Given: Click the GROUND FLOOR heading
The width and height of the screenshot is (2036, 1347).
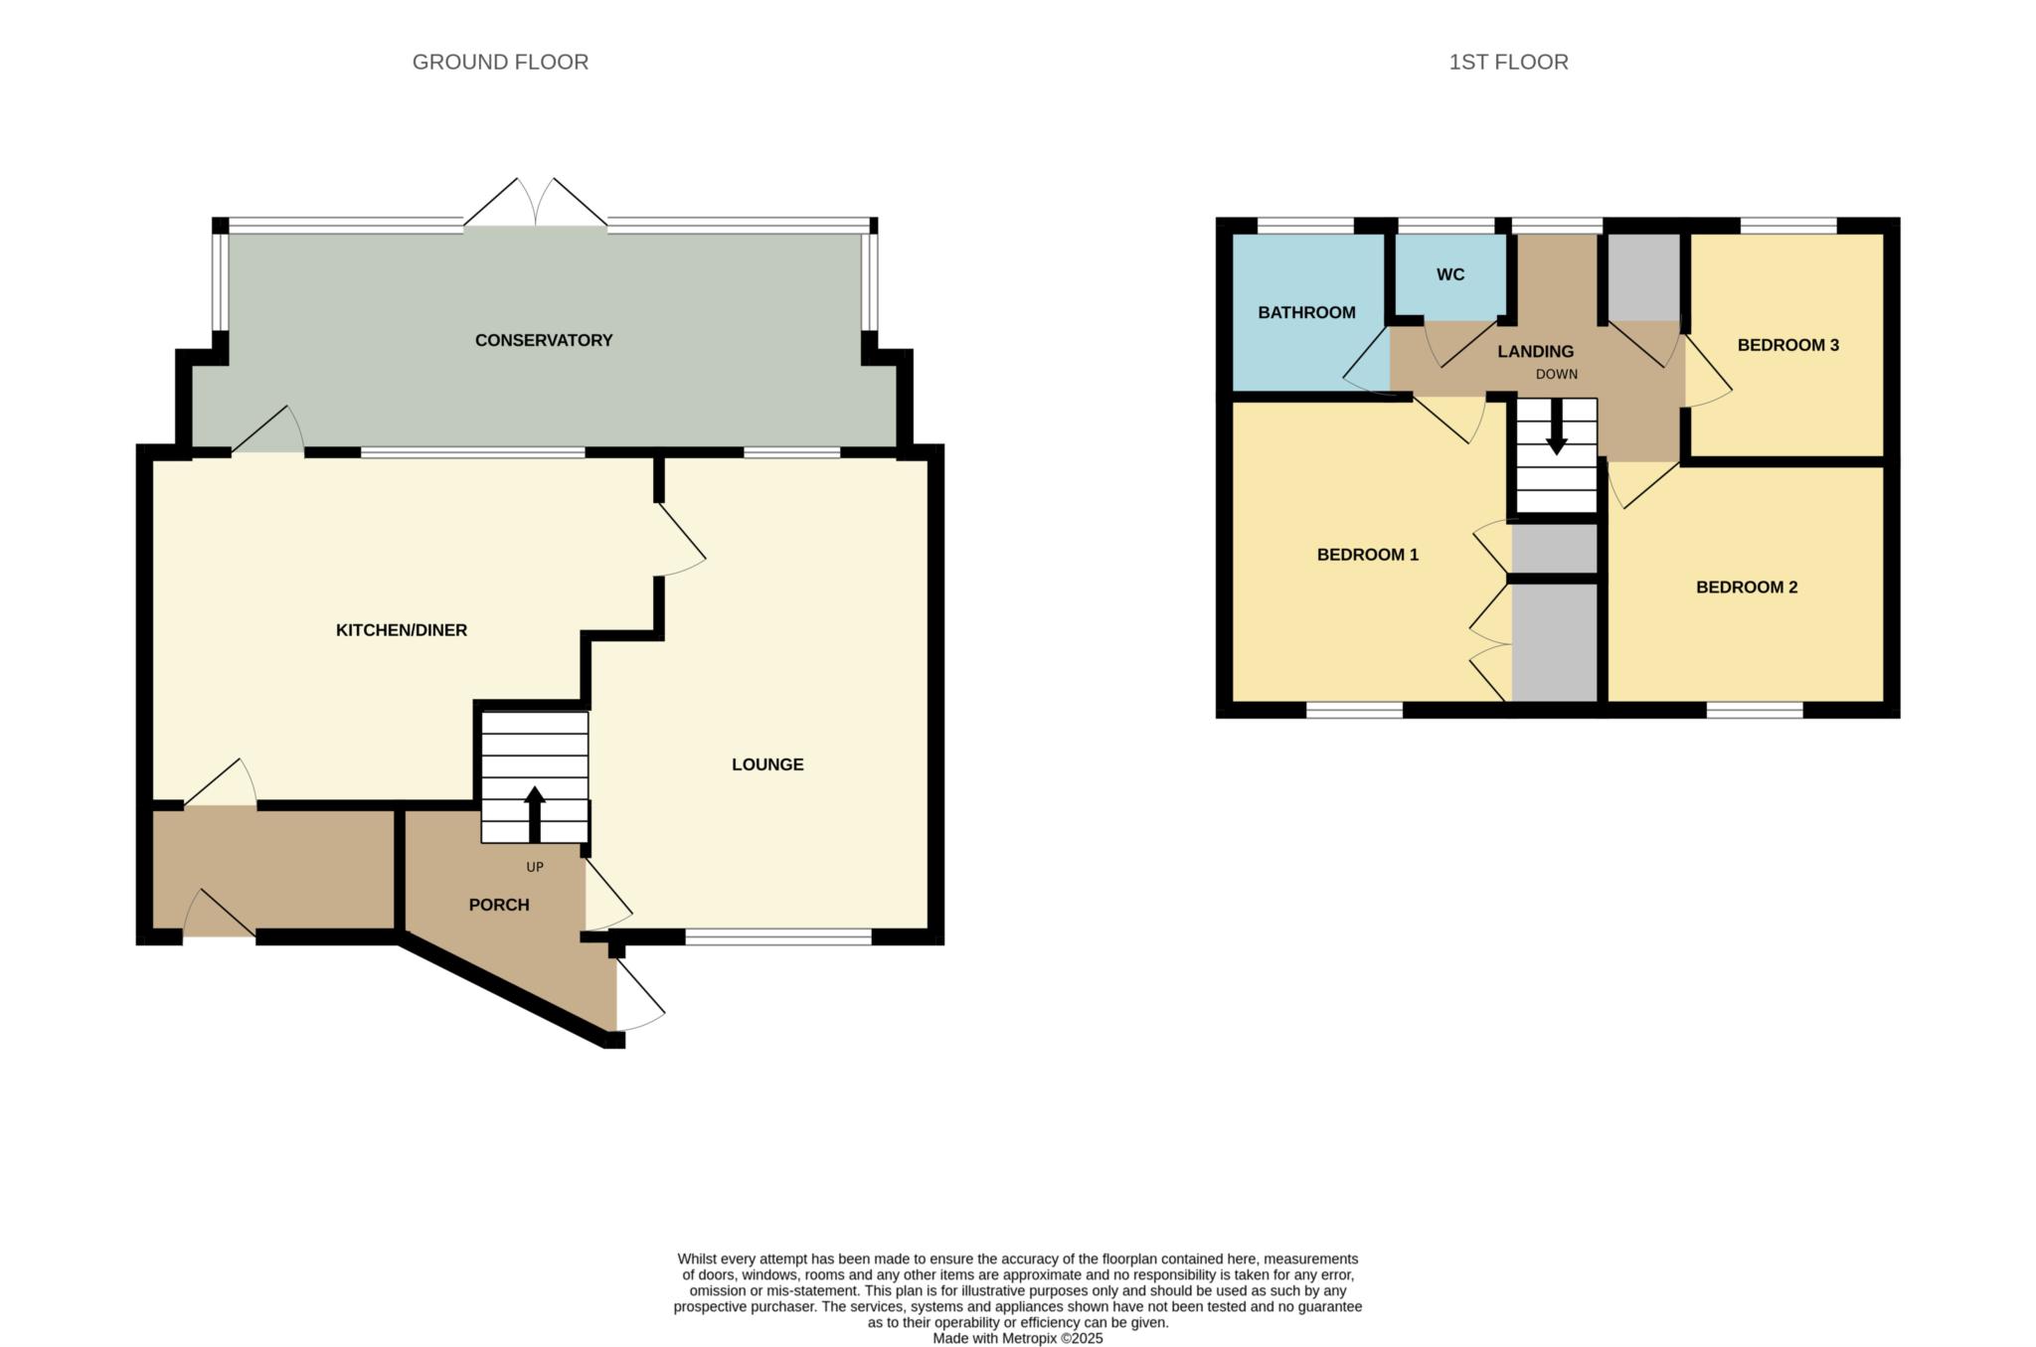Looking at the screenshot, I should pos(500,62).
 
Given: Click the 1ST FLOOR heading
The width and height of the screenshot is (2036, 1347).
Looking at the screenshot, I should pos(1508,62).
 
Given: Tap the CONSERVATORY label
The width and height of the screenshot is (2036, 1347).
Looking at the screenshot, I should pos(543,340).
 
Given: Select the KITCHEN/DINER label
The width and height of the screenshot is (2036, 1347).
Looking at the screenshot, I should pos(401,629).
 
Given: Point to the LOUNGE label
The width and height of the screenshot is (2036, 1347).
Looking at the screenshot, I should pos(767,763).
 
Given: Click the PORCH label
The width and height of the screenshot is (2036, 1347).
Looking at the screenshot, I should pos(498,905).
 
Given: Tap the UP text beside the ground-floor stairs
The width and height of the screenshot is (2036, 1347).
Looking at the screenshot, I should pos(535,867).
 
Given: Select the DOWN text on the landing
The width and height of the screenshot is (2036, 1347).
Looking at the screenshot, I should pos(1556,375).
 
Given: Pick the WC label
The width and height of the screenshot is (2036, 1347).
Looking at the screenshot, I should pos(1449,274).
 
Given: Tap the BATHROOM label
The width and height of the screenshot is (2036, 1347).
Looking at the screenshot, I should pos(1306,312).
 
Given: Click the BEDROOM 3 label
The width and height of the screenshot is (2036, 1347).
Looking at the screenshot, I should pos(1787,345).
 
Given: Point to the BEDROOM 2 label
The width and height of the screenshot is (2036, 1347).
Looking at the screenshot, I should pos(1746,587).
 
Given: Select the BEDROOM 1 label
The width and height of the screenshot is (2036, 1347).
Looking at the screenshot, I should pos(1367,555).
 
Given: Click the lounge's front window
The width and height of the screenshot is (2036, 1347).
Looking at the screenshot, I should pos(778,936).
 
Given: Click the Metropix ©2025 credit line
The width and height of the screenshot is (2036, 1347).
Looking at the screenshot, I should pos(1017,1338).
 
